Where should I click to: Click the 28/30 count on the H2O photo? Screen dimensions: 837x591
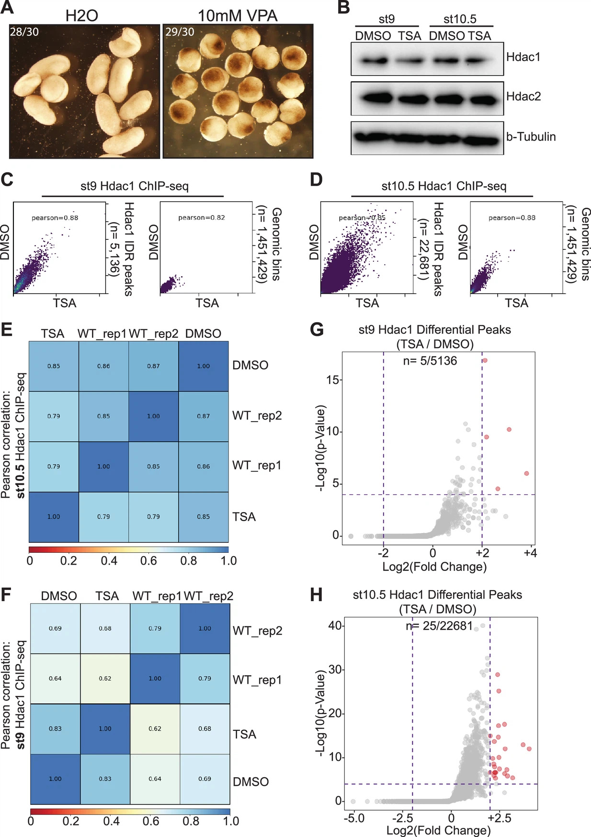(24, 32)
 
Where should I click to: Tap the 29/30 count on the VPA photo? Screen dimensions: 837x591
(180, 32)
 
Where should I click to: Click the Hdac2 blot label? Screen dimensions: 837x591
(523, 96)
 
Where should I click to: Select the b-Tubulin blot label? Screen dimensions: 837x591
(531, 136)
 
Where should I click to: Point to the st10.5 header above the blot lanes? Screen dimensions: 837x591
(460, 19)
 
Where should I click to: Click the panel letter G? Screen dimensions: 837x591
(317, 330)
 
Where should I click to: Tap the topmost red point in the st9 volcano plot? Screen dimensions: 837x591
(485, 360)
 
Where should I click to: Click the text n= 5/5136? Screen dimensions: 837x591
(430, 360)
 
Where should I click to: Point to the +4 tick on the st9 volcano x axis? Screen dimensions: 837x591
(530, 553)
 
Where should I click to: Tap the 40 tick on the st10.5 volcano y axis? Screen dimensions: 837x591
(335, 625)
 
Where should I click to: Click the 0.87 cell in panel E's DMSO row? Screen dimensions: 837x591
(153, 366)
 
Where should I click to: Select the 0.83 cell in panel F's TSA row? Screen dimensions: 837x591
(55, 728)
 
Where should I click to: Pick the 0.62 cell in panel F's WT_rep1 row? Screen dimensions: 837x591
(105, 678)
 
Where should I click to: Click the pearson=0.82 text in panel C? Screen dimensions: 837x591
(201, 218)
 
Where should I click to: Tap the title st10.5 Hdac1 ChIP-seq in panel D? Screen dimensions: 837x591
(443, 186)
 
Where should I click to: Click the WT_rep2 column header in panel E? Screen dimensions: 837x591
(153, 334)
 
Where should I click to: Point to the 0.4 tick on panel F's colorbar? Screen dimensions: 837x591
(111, 821)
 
